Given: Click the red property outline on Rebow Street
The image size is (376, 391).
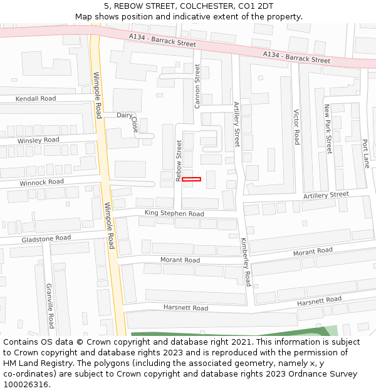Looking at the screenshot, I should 191,180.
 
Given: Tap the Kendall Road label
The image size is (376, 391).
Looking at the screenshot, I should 35,99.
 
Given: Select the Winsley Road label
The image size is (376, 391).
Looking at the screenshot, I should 38,140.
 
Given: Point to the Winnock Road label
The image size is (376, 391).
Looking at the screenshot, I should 41,182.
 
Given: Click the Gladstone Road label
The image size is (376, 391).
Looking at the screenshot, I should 46,238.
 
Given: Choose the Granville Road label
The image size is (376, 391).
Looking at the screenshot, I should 50,306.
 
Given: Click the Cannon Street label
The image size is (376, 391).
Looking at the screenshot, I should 197,86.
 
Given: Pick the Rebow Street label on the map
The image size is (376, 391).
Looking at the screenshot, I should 179,161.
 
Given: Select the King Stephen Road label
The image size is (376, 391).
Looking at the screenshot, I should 174,214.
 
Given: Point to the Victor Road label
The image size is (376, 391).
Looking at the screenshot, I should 297,127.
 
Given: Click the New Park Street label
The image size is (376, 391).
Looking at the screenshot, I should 327,129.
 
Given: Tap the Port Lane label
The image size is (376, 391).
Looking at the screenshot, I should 365,153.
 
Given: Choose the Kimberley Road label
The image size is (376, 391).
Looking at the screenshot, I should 245,262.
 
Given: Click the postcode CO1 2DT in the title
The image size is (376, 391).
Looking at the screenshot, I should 256,6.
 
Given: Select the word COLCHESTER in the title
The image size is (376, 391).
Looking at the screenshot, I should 208,6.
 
